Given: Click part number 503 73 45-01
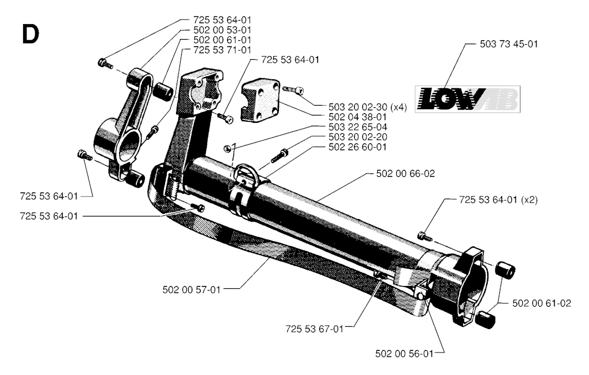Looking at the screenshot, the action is (x=508, y=44).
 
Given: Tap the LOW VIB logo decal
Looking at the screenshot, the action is (x=467, y=99).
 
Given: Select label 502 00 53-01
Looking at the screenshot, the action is (x=223, y=30).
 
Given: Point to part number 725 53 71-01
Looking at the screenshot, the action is (x=223, y=50).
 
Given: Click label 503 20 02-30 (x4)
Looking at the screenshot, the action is (x=368, y=107).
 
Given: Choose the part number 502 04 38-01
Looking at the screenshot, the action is (x=358, y=117).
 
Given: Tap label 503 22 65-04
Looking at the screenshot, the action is (x=358, y=127).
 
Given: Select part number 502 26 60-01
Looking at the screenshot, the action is (x=358, y=147).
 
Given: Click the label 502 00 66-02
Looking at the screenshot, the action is (x=406, y=173).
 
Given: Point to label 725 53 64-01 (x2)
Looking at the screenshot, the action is (x=499, y=200).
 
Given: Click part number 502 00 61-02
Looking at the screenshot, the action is (x=542, y=303).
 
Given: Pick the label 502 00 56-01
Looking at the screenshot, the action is (x=404, y=354).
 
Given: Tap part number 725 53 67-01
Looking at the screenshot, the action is (x=315, y=329).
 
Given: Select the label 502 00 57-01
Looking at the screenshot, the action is (x=192, y=289).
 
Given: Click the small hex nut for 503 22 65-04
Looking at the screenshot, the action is (x=227, y=149).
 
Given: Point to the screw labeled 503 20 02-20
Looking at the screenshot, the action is (x=279, y=156).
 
